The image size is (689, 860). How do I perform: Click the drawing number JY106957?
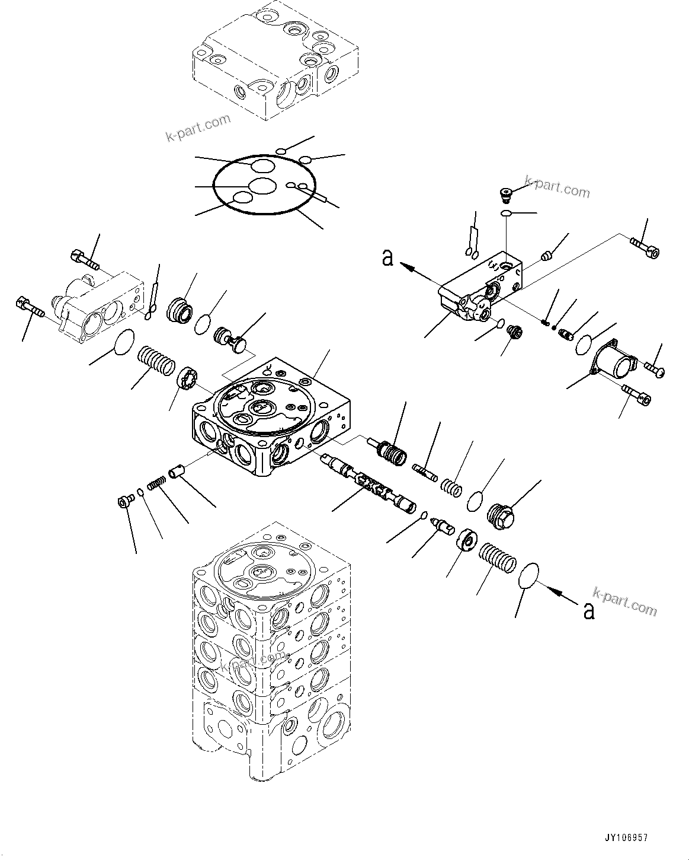pos(626,838)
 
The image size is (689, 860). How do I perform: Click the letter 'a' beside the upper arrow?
pos(388,259)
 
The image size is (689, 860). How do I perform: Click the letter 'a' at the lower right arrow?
pos(588,611)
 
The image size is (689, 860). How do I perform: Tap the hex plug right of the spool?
pos(502,512)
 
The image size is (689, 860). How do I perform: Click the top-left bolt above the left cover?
pos(85,259)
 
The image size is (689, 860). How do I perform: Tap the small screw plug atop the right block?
pos(505,193)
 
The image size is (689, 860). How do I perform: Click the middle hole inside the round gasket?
pos(261,186)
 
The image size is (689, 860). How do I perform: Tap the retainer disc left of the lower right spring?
pos(467,542)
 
